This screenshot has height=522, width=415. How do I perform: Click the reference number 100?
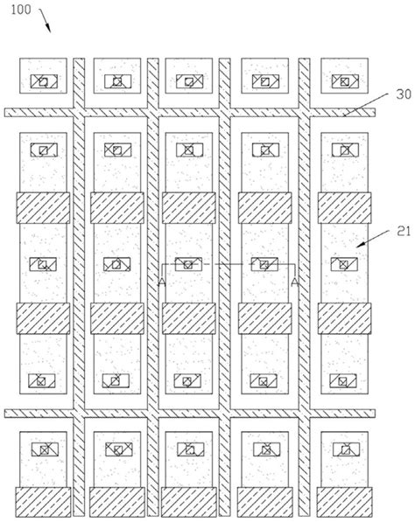tap(20, 10)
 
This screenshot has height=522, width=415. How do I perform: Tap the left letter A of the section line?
tap(160, 282)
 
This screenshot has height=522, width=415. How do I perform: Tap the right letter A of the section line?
tap(295, 282)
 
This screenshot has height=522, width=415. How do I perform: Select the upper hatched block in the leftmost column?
tap(42, 207)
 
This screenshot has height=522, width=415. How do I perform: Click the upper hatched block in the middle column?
tap(187, 207)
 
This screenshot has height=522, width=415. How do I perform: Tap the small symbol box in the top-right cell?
tap(344, 81)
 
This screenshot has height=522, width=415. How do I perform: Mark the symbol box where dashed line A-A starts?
tap(187, 264)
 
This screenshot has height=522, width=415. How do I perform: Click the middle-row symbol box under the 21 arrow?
tap(344, 264)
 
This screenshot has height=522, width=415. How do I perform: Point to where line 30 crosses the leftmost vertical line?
tap(78, 112)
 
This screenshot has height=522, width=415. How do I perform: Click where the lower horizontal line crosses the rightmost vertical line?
tap(306, 412)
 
